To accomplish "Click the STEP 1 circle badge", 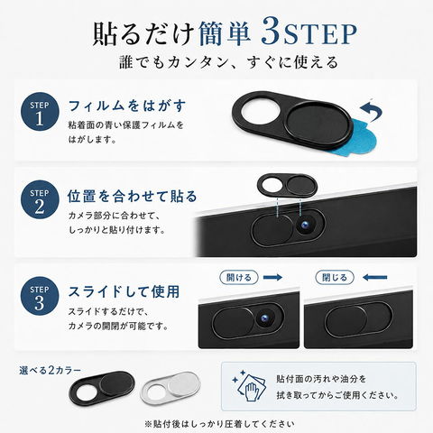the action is pyautogui.click(x=40, y=112).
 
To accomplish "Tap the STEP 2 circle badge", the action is pyautogui.click(x=40, y=199).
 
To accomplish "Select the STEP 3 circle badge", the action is pyautogui.click(x=40, y=296).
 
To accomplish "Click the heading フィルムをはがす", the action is pyautogui.click(x=127, y=106).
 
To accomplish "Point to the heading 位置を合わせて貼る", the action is pyautogui.click(x=132, y=197).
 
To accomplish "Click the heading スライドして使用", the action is pyautogui.click(x=124, y=291).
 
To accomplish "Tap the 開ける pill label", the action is pyautogui.click(x=239, y=277).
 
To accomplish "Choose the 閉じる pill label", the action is pyautogui.click(x=335, y=277).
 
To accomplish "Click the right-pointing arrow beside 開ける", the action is pyautogui.click(x=272, y=277).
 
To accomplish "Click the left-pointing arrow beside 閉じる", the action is pyautogui.click(x=374, y=277).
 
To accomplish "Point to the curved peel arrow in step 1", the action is pyautogui.click(x=373, y=111).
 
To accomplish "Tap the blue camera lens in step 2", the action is pyautogui.click(x=305, y=225).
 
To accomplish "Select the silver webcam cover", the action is pyautogui.click(x=170, y=387).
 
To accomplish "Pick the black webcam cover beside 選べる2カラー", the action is pyautogui.click(x=102, y=388).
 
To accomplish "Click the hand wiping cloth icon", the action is pyautogui.click(x=249, y=386).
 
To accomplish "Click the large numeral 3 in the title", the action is pyautogui.click(x=272, y=32).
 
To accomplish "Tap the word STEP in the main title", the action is pyautogui.click(x=321, y=35).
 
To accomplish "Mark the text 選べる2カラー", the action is pyautogui.click(x=51, y=371).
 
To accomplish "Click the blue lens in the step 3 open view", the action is pyautogui.click(x=264, y=317).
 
